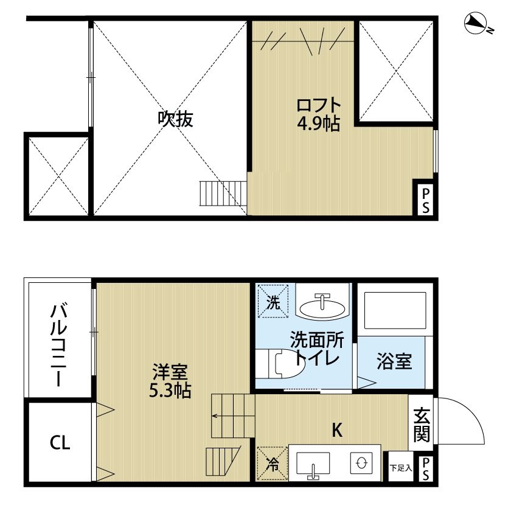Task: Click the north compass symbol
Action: click(477, 24)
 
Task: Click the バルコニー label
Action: click(58, 344)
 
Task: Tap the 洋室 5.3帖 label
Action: click(170, 381)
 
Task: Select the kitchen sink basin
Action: click(314, 464)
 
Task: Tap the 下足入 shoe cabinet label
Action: click(400, 468)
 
